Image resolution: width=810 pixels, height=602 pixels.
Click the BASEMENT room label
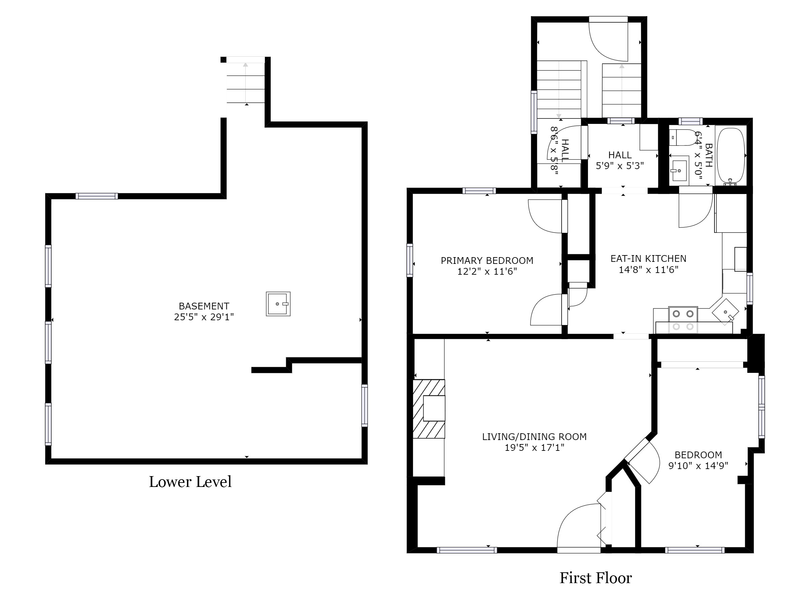[204, 306]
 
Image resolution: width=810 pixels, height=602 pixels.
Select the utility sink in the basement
[278, 304]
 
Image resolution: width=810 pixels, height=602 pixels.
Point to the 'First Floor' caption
[595, 578]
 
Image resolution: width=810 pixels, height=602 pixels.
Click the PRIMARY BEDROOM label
[487, 261]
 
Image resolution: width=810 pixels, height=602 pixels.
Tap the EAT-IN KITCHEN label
[648, 259]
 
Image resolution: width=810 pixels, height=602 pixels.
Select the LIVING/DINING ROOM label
[534, 437]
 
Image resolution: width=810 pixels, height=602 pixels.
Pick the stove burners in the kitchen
[683, 320]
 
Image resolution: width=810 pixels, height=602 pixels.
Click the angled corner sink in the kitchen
[725, 312]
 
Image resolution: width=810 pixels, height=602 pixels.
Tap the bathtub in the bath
[731, 156]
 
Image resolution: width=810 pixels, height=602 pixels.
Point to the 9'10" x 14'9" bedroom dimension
[698, 466]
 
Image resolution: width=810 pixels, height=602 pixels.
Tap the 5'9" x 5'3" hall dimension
[620, 166]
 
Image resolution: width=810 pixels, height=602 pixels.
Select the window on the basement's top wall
[97, 196]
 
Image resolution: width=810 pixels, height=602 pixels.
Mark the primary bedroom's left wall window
[410, 260]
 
